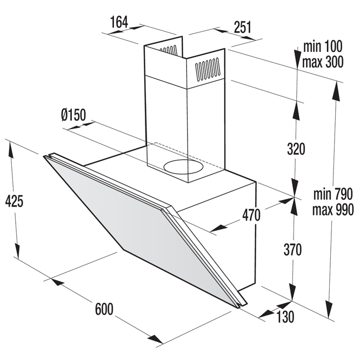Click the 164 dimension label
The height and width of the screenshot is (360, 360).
click(119, 22)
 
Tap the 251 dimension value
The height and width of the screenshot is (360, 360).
click(243, 27)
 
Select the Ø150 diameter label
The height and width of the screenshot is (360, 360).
click(74, 115)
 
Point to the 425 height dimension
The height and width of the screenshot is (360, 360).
click(14, 201)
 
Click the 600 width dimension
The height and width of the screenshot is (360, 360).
click(104, 309)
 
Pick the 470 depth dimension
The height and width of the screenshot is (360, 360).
click(251, 215)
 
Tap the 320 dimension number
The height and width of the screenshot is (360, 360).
click(296, 149)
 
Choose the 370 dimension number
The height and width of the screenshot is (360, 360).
click(292, 250)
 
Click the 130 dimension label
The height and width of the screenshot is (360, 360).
click(285, 317)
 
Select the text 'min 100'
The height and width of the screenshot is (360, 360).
click(323, 46)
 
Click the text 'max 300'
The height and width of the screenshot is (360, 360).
click(323, 62)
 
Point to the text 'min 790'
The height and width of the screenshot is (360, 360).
click(333, 194)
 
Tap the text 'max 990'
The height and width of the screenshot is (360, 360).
click(333, 209)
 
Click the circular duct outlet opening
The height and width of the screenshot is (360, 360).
click(183, 167)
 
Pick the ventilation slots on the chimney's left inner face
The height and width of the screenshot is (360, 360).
click(169, 50)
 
